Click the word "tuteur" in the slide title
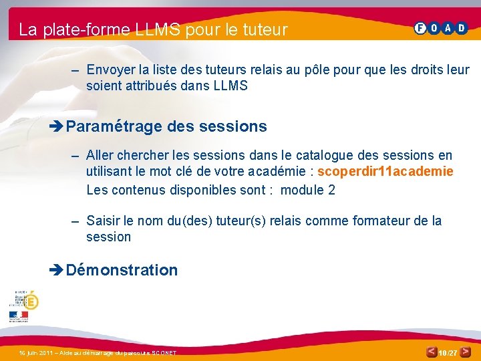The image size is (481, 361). tap(265, 29)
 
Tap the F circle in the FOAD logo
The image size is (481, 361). tap(420, 28)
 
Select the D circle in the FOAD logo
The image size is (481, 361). tap(461, 28)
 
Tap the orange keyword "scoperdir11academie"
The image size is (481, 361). tap(385, 172)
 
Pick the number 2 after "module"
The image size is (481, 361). tap(331, 190)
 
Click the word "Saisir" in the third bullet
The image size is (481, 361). tap(103, 221)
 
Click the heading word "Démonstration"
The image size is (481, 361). tap(122, 270)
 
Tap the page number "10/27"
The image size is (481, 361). tap(448, 352)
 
